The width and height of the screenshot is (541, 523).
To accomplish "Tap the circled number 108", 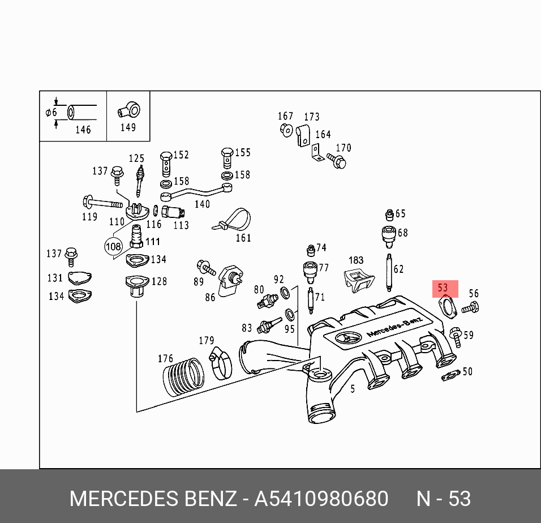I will tap(113, 247).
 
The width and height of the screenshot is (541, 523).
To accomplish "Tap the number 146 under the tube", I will tap(83, 130).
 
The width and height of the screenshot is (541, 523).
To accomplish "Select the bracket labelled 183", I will tap(358, 280).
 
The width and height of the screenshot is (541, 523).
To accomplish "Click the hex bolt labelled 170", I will tap(337, 162).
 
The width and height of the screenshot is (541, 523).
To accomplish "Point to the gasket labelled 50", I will tap(450, 375).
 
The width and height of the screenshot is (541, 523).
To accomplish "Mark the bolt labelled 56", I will tap(470, 308).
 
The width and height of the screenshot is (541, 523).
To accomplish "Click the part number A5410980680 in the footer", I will tap(321, 499).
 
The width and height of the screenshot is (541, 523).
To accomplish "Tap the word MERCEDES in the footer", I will tap(123, 499).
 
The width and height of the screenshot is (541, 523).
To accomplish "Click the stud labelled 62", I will tap(389, 272).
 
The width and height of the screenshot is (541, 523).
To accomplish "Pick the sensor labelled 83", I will tap(266, 327).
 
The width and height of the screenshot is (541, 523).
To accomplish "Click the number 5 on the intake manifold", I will tap(353, 389).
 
